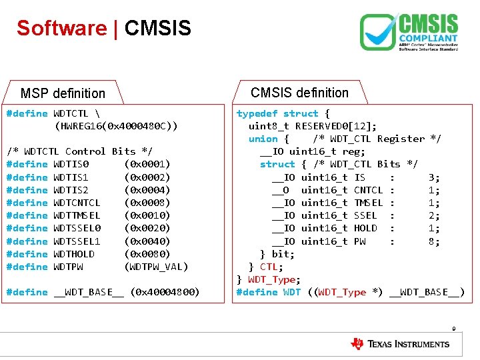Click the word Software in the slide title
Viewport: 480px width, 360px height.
[x=61, y=28]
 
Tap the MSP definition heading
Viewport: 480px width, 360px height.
[x=63, y=93]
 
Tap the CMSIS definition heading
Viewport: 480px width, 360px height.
[x=299, y=93]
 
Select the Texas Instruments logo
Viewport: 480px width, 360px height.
[x=400, y=344]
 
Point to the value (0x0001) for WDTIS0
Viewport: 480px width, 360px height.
[x=147, y=164]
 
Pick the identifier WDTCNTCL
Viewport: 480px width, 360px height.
[x=77, y=203]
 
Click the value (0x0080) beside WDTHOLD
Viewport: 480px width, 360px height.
[x=147, y=254]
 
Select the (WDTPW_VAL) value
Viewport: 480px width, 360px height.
[x=157, y=267]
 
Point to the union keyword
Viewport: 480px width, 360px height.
[x=263, y=139]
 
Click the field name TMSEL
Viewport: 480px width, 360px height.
[x=369, y=203]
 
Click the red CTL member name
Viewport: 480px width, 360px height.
[x=268, y=267]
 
